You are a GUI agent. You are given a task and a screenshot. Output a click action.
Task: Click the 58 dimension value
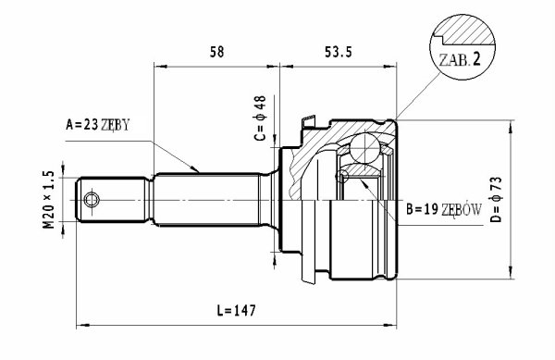click(217, 52)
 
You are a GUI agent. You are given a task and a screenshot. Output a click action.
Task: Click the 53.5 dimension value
click(338, 52)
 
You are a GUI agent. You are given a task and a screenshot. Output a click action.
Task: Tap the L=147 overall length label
click(236, 310)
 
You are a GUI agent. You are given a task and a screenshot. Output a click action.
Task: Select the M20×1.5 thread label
click(48, 200)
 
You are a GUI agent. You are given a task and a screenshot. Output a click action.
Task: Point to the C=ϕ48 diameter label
click(260, 118)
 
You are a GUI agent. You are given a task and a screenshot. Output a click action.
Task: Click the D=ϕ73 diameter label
click(496, 199)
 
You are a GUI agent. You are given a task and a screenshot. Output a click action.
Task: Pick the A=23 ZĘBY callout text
click(98, 125)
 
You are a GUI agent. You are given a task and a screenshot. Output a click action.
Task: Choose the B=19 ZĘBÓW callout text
click(444, 210)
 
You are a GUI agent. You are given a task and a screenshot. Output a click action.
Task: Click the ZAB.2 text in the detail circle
click(460, 59)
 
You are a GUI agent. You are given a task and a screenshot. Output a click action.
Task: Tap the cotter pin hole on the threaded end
click(92, 200)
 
